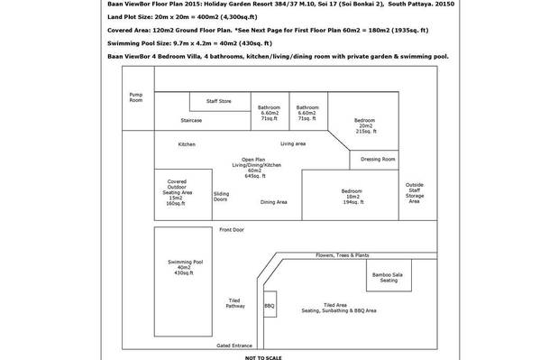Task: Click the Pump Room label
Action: [x=136, y=97]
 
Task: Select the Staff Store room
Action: [x=220, y=101]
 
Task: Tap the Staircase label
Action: [x=191, y=120]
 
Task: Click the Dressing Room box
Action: [x=374, y=160]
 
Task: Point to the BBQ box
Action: [x=270, y=304]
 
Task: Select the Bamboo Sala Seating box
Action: [x=389, y=275]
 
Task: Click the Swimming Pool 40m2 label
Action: [x=185, y=267]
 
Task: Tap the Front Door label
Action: [x=232, y=230]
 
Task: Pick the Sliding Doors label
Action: [x=221, y=197]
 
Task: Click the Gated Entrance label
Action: [x=234, y=346]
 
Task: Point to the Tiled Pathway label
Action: [x=235, y=303]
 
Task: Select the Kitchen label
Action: [x=187, y=144]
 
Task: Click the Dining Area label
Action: [x=274, y=202]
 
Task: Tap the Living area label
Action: [x=293, y=143]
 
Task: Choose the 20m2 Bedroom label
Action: [x=365, y=125]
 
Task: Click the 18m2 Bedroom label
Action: [x=352, y=197]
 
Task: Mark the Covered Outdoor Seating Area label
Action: [x=177, y=192]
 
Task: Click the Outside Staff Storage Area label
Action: [x=415, y=193]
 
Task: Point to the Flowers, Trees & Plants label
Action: [x=343, y=255]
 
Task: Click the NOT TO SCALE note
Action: [x=263, y=358]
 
